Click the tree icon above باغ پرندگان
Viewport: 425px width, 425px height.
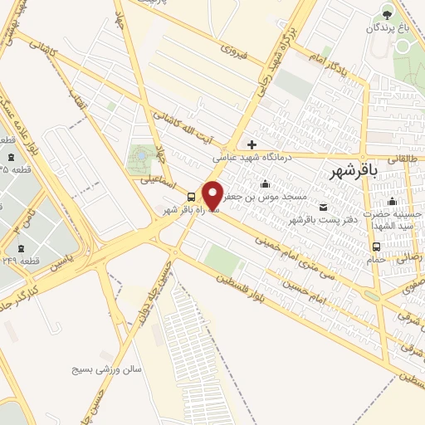[385, 12]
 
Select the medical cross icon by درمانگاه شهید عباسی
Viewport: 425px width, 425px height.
[252, 144]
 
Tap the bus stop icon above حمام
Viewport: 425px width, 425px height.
[377, 247]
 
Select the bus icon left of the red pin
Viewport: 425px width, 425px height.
[191, 197]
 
